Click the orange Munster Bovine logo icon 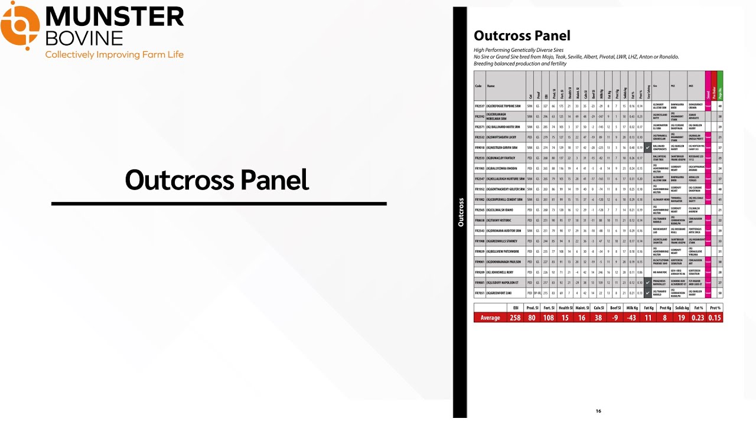20,25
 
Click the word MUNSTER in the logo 115,17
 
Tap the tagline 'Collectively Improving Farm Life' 115,55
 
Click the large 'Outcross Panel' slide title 217,180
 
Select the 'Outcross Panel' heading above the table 522,36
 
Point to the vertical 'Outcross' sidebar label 461,212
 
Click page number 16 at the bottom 598,411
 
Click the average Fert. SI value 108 549,318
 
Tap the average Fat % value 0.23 698,318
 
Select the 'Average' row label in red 490,318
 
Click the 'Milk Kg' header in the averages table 632,308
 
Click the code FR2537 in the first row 480,106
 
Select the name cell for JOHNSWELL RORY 506,272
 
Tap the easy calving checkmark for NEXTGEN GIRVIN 648,148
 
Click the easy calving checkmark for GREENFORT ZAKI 648,293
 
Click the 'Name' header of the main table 491,86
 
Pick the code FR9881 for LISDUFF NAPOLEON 480,283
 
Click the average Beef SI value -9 615,318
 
